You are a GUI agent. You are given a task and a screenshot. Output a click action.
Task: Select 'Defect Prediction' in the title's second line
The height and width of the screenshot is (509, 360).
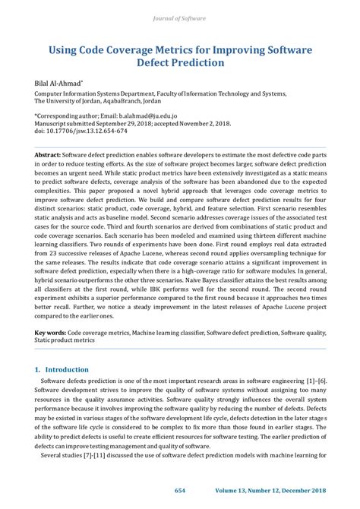[180, 64]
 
